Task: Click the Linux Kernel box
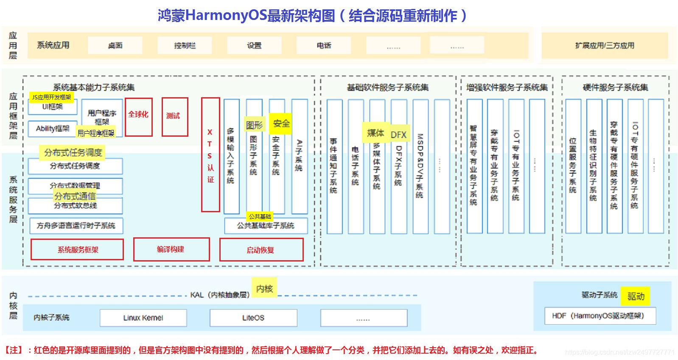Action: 143,318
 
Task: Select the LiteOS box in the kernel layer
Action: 253,318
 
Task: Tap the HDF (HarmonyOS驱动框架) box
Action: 600,316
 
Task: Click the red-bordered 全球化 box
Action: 139,117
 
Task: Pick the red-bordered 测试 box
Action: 175,117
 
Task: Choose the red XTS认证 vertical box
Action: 210,155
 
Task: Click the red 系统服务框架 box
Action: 77,250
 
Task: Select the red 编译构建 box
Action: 171,249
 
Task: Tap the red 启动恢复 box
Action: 261,250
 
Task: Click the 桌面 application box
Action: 115,45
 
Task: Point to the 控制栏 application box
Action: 185,45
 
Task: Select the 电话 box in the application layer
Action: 324,45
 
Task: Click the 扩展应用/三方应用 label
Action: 605,45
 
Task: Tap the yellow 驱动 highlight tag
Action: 636,296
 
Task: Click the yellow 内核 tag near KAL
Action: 264,289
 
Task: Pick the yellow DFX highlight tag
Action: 398,135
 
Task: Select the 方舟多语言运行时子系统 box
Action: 76,225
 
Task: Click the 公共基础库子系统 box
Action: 266,225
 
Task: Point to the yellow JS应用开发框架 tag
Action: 51,97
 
